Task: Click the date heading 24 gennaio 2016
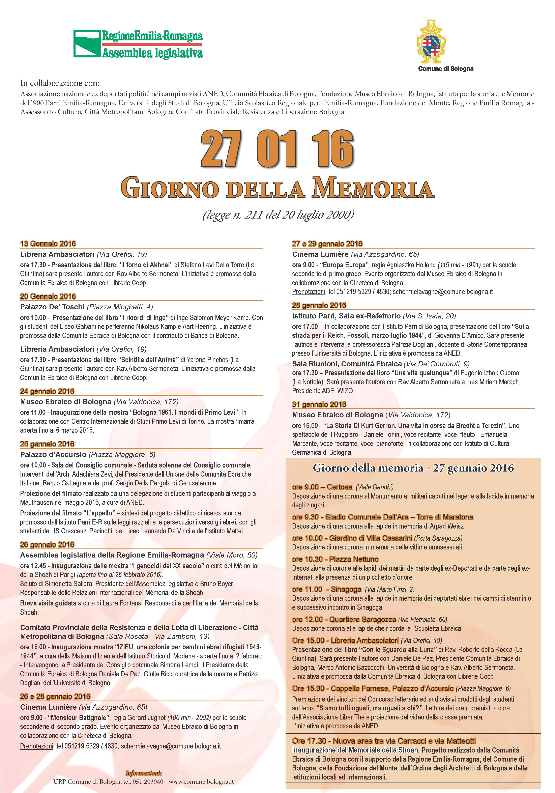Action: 47,391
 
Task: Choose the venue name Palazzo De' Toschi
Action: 52,307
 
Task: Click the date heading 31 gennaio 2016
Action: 319,404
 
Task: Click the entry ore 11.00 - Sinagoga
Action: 327,589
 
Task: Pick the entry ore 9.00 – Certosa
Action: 322,487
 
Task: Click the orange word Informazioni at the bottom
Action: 143,771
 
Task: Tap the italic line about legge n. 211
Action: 278,215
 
